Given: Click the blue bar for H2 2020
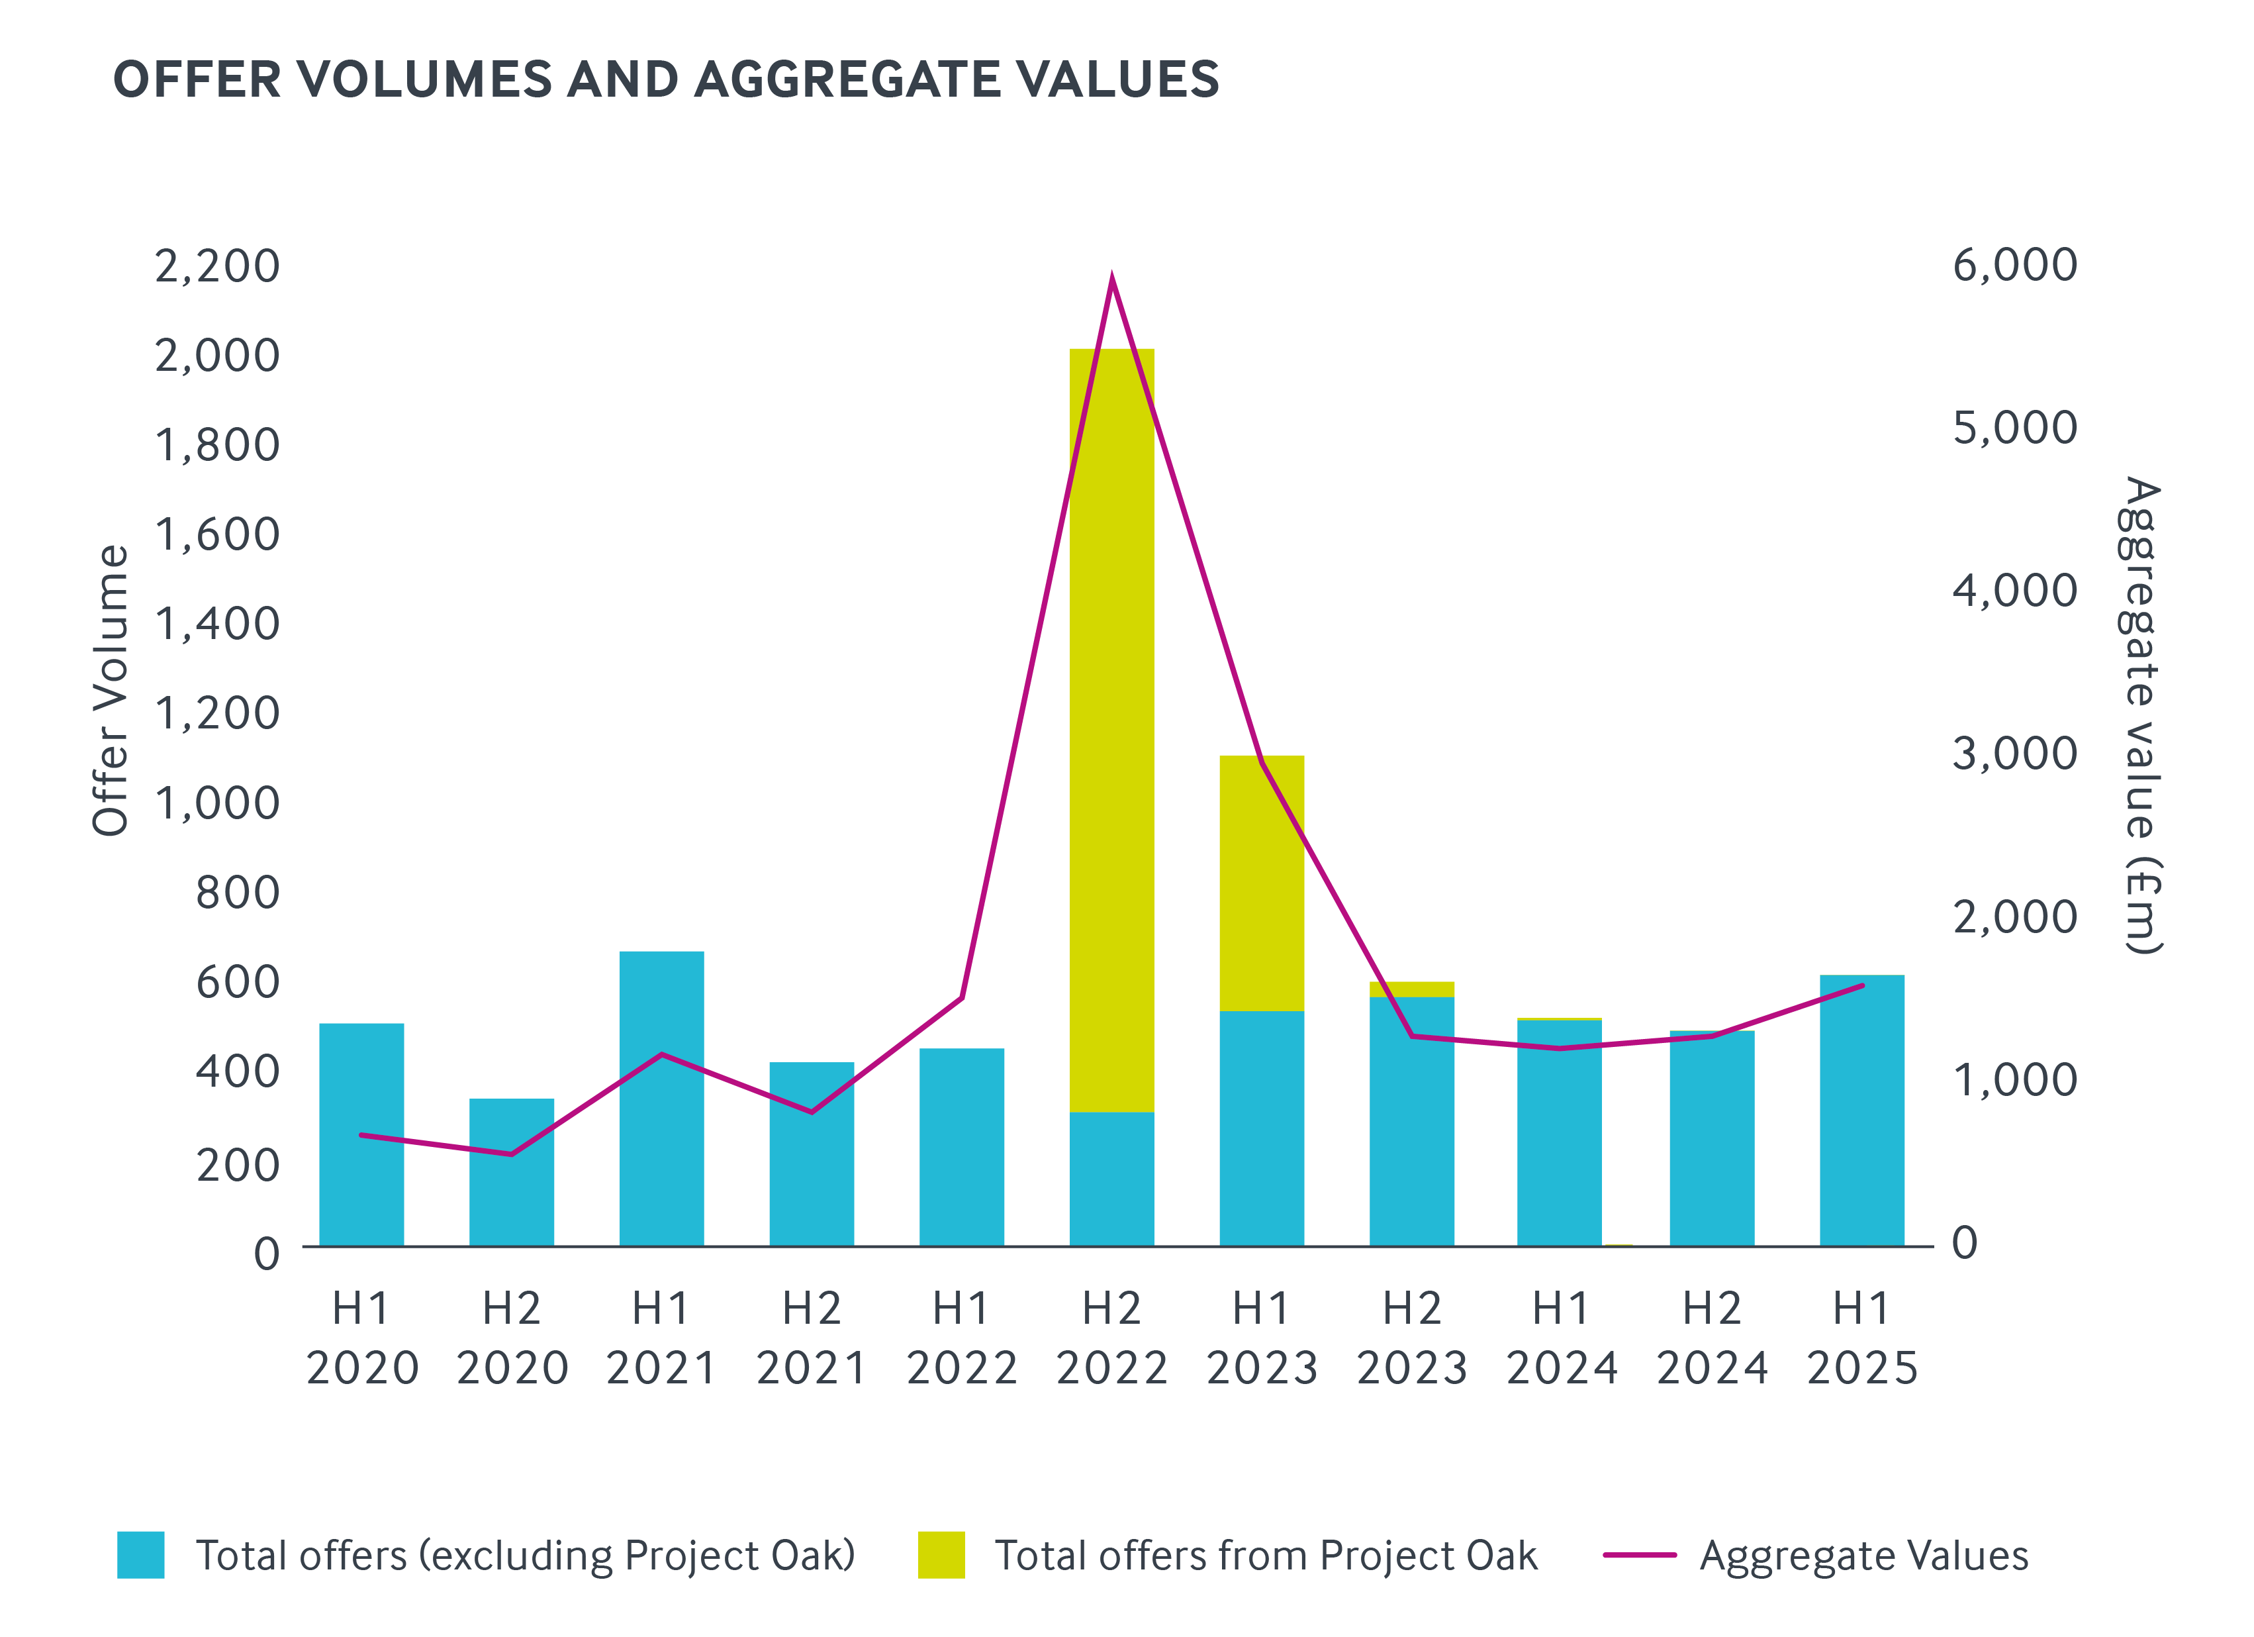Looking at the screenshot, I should (x=511, y=1173).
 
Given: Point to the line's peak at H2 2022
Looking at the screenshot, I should (x=1111, y=275).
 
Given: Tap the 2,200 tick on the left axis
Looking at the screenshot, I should (x=216, y=266).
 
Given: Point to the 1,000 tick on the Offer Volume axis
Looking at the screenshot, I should (x=216, y=803).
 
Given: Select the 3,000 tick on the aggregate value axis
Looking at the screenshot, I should (x=2014, y=754).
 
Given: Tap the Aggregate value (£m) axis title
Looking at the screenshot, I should (x=2141, y=716).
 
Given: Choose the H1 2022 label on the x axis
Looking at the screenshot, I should (x=961, y=1338).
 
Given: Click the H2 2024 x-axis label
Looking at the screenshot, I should (x=1711, y=1338).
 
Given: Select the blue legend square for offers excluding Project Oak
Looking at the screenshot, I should (x=140, y=1554).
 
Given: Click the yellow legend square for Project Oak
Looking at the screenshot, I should (x=940, y=1554).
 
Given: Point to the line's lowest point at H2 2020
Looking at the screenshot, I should (x=511, y=1154).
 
